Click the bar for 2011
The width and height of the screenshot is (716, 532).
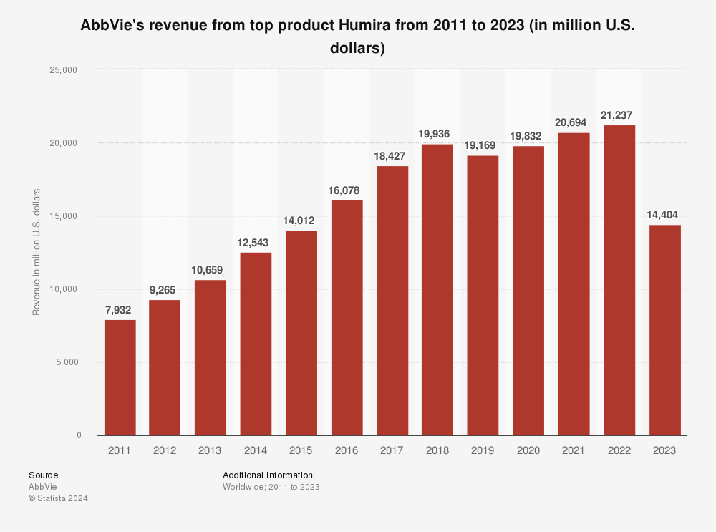coord(120,377)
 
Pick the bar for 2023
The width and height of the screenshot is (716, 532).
coord(664,330)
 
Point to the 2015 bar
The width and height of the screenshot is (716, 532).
coord(301,333)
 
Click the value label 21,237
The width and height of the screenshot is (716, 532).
coord(619,115)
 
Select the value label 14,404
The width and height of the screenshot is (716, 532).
coord(664,215)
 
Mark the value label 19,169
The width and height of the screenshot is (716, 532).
coord(483,145)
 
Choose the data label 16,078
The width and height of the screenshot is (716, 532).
coord(347,190)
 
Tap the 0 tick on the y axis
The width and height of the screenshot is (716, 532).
coord(79,435)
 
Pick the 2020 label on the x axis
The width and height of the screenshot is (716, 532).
coord(528,451)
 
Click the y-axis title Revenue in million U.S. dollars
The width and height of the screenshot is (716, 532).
coord(37,252)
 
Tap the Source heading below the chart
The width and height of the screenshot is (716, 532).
coord(44,475)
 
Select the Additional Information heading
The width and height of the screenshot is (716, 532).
coord(269,475)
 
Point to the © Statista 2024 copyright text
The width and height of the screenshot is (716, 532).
coord(58,498)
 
